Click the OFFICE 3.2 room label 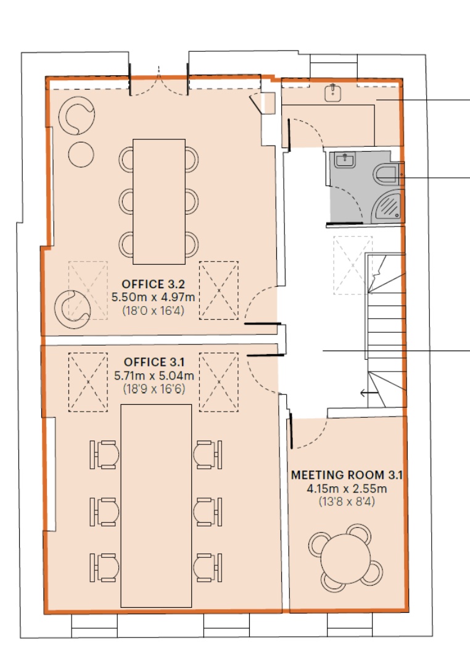tap(154, 284)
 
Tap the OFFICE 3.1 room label tap(154, 362)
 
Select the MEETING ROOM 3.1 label tap(347, 475)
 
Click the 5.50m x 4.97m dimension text tap(154, 297)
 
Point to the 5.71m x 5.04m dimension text tap(154, 375)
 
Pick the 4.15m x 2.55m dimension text tap(347, 489)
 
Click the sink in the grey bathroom tap(345, 160)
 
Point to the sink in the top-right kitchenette tap(333, 93)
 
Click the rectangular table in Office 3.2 tap(159, 202)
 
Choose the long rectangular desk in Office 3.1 tap(156, 505)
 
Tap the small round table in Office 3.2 tap(81, 154)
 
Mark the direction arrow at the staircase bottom tap(369, 393)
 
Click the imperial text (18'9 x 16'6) tap(154, 389)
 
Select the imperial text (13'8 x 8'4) tap(347, 502)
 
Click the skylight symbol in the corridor tap(353, 265)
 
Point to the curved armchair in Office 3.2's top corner tap(76, 115)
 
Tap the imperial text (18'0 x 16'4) tap(154, 311)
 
